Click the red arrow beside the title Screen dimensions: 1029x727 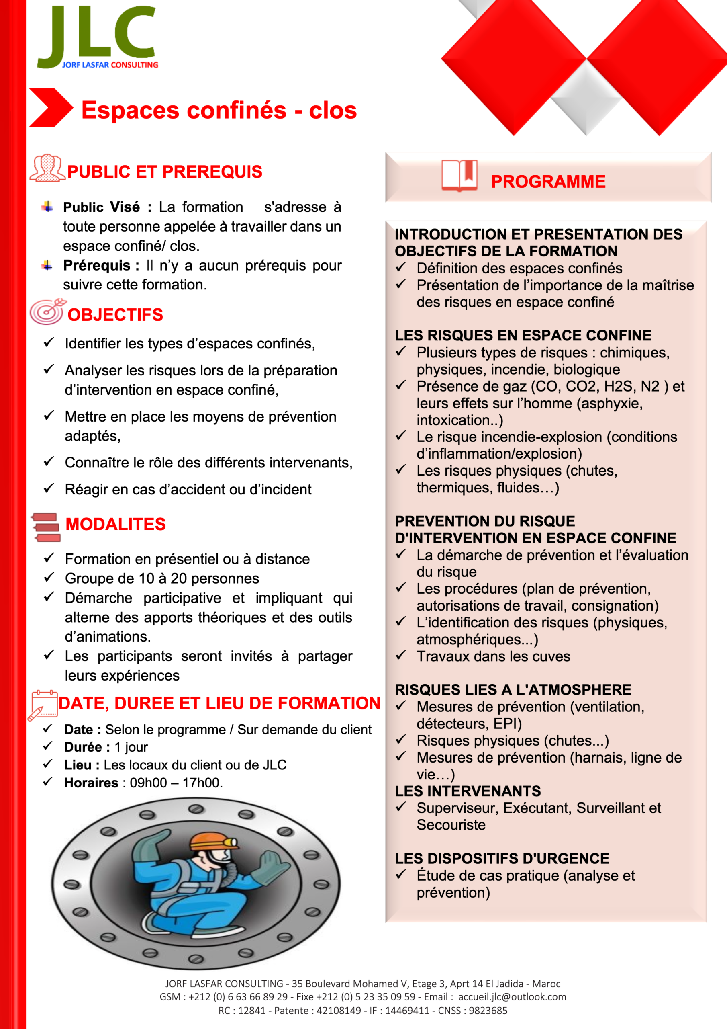click(50, 108)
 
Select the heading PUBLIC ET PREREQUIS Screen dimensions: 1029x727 click(164, 172)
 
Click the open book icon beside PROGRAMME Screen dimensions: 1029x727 click(459, 175)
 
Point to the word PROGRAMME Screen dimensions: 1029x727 click(548, 182)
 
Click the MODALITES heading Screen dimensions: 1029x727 click(116, 524)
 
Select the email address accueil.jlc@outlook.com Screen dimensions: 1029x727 click(512, 997)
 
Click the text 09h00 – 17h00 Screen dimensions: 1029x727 click(176, 783)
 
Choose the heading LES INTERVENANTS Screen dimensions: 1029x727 click(468, 791)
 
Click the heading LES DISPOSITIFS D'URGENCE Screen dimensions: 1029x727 click(502, 858)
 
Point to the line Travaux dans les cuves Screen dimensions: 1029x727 click(493, 656)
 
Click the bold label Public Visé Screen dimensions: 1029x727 click(101, 207)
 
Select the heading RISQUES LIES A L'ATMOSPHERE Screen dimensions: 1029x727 click(513, 690)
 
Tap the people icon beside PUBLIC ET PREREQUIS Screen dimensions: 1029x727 click(47, 168)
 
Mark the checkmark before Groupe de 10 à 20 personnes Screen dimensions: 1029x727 click(48, 578)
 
